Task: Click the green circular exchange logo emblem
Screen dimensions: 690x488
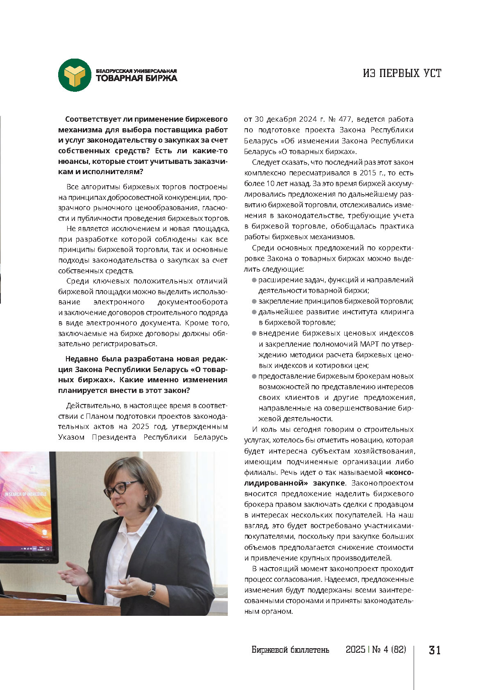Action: click(x=75, y=75)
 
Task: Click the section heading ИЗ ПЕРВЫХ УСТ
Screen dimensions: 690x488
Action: click(x=402, y=73)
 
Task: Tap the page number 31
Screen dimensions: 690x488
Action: click(x=434, y=650)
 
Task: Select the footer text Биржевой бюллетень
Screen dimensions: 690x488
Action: click(x=290, y=650)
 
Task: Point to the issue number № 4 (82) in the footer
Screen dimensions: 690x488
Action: click(x=389, y=650)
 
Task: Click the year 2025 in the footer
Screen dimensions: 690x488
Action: click(x=355, y=650)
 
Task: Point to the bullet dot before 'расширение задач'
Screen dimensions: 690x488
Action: click(x=254, y=280)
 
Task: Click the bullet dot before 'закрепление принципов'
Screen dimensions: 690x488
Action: click(x=254, y=302)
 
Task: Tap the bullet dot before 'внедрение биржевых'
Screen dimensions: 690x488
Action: click(x=254, y=334)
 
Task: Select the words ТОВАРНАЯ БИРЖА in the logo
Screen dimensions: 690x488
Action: click(x=136, y=78)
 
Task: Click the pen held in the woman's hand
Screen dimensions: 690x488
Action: click(x=128, y=580)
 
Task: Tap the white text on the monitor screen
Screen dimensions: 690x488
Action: click(x=25, y=494)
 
